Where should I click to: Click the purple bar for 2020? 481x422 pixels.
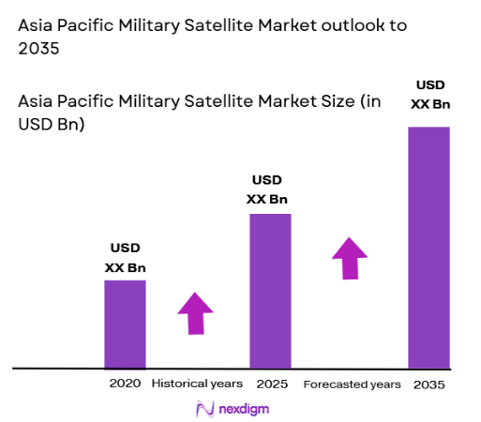(125, 324)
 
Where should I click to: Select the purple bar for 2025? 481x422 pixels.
(269, 291)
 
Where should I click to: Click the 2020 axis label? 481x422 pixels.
(125, 384)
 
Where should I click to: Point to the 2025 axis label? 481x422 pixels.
(271, 384)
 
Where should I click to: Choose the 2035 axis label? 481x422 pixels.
(428, 384)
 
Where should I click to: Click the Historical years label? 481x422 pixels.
(197, 384)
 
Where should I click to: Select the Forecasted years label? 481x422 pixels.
(352, 384)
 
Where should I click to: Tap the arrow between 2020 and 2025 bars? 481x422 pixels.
(195, 312)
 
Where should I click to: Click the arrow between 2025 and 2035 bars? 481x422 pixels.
(350, 257)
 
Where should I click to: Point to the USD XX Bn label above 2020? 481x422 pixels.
(125, 258)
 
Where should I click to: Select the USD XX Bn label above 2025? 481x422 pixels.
(268, 189)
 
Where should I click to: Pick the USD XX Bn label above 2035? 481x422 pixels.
(428, 95)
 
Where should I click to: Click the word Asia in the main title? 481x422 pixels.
(38, 25)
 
